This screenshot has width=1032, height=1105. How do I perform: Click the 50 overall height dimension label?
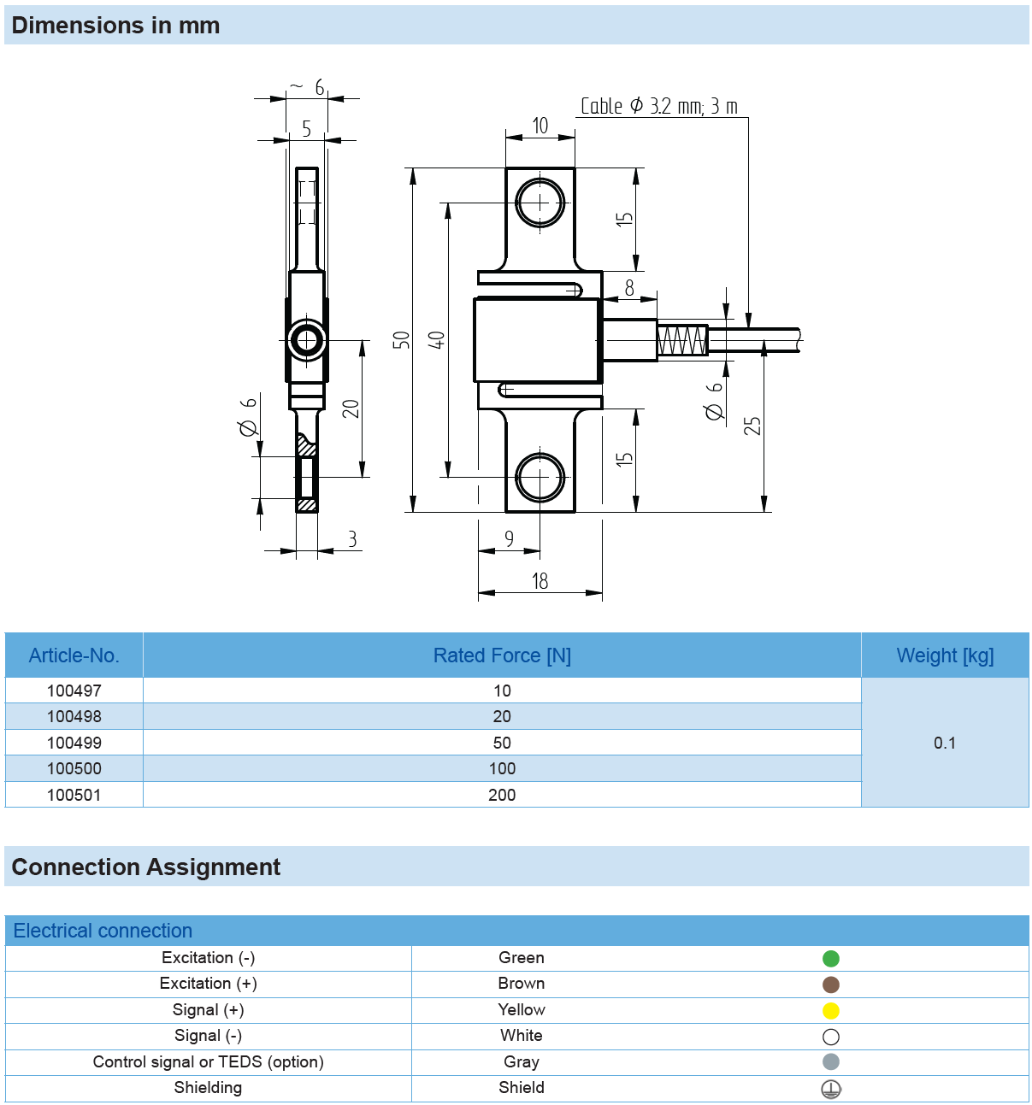coord(401,339)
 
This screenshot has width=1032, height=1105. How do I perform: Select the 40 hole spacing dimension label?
coord(436,339)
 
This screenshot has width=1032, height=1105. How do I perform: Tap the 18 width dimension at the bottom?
coord(540,581)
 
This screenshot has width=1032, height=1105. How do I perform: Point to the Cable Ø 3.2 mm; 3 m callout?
coord(659,106)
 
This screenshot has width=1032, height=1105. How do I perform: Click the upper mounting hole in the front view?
coord(540,203)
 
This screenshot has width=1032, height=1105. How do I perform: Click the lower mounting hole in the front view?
coord(540,477)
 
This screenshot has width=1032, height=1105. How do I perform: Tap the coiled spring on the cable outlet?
coord(681,340)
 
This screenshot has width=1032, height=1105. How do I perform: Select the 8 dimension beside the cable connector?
coord(629,287)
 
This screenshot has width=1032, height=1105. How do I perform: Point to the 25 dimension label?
coord(752,426)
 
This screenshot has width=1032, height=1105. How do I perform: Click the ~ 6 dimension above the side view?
coord(307,87)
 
